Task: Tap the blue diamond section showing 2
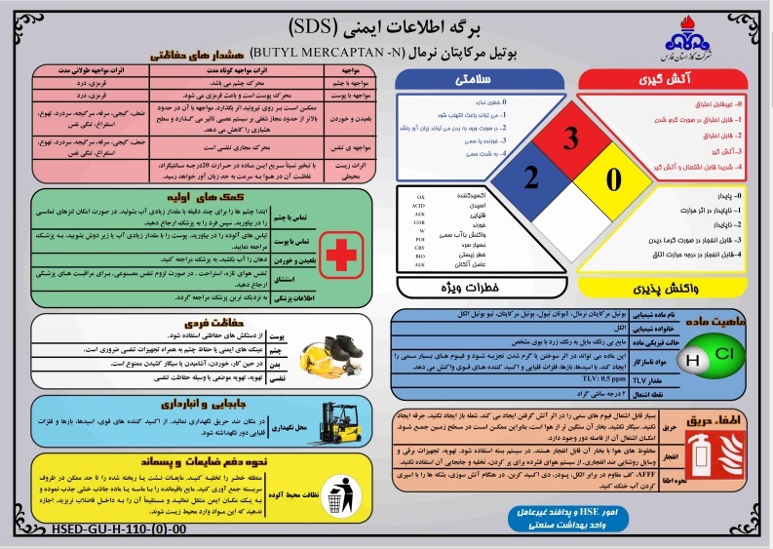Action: pyautogui.click(x=530, y=178)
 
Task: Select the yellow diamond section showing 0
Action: pyautogui.click(x=613, y=178)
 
